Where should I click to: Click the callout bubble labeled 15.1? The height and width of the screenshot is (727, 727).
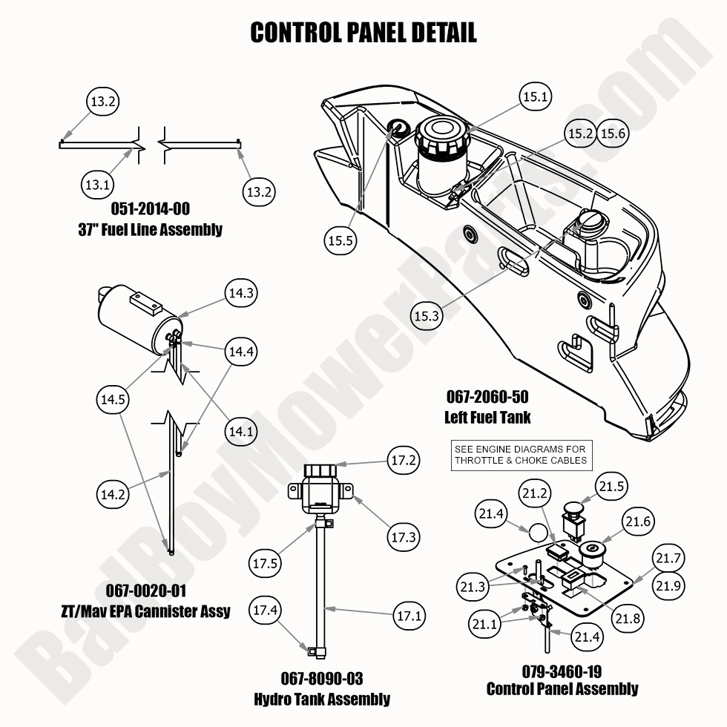click(536, 97)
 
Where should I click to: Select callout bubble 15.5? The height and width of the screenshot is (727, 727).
click(341, 240)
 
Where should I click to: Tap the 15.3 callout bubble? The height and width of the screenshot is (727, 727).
click(427, 315)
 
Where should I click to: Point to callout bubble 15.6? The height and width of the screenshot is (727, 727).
click(613, 134)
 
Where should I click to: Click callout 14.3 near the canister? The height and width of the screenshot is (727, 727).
click(242, 293)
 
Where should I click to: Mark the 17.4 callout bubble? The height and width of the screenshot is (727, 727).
click(266, 611)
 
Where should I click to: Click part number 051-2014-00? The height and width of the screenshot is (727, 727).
click(150, 209)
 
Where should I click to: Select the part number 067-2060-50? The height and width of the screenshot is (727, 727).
click(487, 397)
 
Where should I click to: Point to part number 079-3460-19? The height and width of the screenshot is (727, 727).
click(562, 671)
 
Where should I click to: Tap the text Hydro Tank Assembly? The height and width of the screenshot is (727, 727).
click(321, 699)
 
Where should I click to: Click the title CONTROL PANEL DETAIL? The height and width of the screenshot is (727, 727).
click(363, 33)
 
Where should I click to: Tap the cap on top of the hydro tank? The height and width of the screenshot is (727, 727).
click(320, 470)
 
